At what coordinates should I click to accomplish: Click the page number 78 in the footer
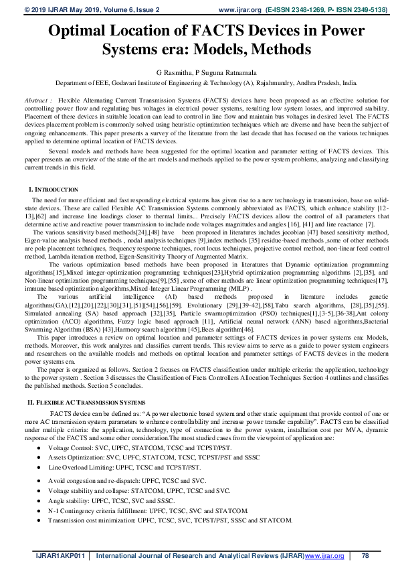pyautogui.click(x=365, y=556)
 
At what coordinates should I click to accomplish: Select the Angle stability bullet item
pyautogui.click(x=111, y=500)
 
